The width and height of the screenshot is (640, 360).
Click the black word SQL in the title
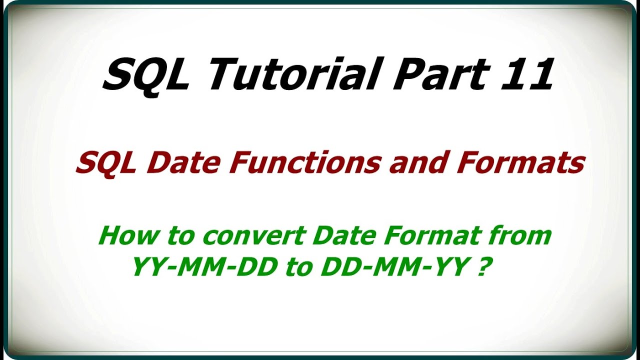(x=145, y=75)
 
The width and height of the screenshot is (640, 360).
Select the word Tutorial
(x=286, y=73)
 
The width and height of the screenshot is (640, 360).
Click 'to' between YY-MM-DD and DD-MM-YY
(x=298, y=268)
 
